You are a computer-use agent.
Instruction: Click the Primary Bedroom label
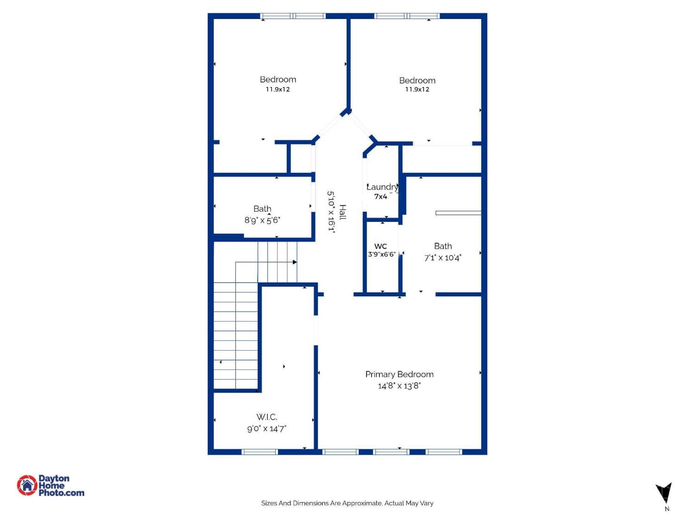tap(399, 374)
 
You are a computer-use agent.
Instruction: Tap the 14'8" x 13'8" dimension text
tap(399, 386)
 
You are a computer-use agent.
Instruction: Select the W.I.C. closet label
tap(266, 417)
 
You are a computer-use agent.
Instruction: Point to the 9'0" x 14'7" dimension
tap(266, 429)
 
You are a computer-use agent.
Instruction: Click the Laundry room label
tap(382, 187)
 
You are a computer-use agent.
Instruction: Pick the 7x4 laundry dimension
tap(380, 197)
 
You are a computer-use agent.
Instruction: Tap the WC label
tap(380, 246)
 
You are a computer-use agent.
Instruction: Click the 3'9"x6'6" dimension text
tap(382, 254)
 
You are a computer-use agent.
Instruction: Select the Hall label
tap(342, 212)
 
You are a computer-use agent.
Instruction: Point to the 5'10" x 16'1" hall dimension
tap(331, 211)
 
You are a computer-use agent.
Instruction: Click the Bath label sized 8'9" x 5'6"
tap(262, 209)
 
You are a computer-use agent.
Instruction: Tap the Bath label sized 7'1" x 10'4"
tap(442, 246)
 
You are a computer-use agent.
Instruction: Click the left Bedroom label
tap(278, 80)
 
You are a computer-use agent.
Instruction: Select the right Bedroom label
tap(417, 81)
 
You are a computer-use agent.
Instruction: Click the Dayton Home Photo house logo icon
tap(27, 485)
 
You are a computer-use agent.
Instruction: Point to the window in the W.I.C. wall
tap(259, 452)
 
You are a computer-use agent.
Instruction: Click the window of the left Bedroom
tap(293, 16)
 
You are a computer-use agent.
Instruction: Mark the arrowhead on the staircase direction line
tap(295, 262)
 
